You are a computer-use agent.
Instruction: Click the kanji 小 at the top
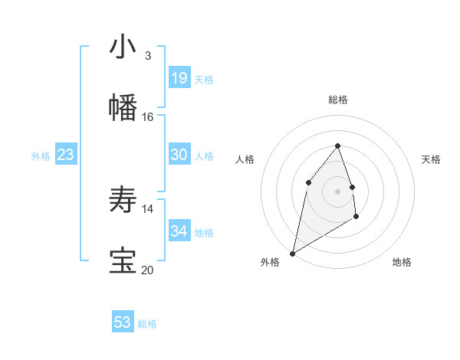123,47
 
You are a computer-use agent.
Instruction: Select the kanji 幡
123,108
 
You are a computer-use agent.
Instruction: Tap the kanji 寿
123,200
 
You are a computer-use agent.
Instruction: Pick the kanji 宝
123,261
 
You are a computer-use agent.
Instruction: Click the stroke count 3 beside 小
147,56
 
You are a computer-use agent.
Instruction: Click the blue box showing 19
179,78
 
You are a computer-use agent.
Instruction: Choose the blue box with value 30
179,155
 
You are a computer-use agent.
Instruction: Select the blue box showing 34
179,231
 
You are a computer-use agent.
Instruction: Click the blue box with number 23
66,155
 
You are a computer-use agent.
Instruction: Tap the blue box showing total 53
123,322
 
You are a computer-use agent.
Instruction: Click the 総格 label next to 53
147,324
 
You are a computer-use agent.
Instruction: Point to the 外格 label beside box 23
41,156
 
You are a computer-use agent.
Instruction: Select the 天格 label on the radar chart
431,159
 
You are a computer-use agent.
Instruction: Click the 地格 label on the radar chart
402,262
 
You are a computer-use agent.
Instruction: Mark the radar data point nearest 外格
292,253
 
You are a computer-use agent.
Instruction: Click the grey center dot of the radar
337,191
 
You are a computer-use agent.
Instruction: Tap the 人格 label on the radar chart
245,159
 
